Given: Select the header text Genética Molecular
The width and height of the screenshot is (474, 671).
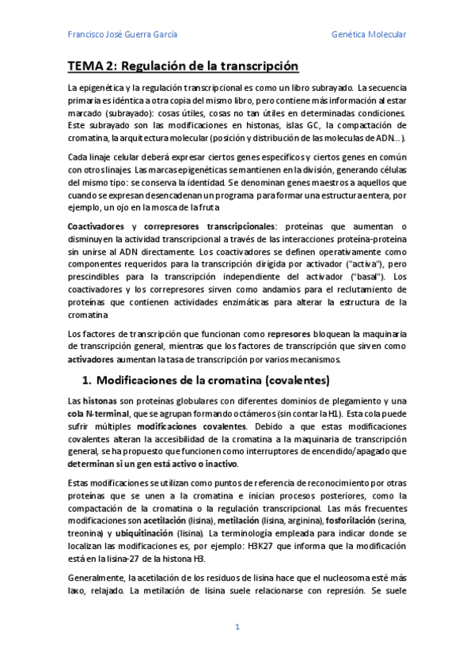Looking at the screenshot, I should [369, 35].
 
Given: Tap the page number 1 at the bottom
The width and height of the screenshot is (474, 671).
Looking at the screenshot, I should [237, 627].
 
